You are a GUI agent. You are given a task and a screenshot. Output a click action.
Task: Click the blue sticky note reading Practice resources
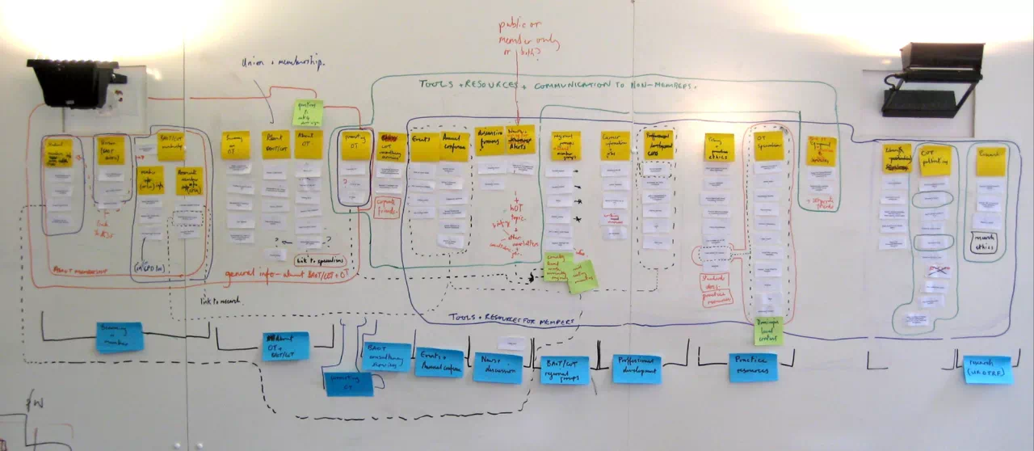pyautogui.click(x=753, y=367)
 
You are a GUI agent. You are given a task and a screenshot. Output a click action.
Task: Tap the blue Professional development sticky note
pyautogui.click(x=637, y=369)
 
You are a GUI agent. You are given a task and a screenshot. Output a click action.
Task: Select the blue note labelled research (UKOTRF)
pyautogui.click(x=987, y=369)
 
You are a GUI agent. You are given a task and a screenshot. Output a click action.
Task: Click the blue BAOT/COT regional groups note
pyautogui.click(x=565, y=369)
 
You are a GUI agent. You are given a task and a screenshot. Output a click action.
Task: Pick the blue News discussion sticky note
pyautogui.click(x=498, y=367)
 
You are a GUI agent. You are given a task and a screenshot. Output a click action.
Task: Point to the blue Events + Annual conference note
pyautogui.click(x=439, y=362)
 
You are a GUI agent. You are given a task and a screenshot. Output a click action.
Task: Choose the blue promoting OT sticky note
pyautogui.click(x=349, y=384)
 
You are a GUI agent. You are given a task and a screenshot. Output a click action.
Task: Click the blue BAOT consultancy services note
pyautogui.click(x=386, y=356)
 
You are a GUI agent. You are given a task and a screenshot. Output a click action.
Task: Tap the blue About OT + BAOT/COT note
pyautogui.click(x=285, y=346)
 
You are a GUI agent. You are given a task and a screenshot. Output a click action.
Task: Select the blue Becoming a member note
pyautogui.click(x=120, y=337)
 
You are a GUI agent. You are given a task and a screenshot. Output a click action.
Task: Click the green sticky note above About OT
pyautogui.click(x=307, y=112)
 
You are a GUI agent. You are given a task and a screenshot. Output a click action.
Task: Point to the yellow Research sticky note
pyautogui.click(x=990, y=162)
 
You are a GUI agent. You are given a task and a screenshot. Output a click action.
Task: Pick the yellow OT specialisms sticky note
pyautogui.click(x=768, y=146)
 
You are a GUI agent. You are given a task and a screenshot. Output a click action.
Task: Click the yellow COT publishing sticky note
pyautogui.click(x=935, y=160)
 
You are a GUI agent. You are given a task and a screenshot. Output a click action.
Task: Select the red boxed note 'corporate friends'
pyautogui.click(x=387, y=208)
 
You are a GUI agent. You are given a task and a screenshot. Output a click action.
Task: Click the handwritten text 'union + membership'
pyautogui.click(x=283, y=62)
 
